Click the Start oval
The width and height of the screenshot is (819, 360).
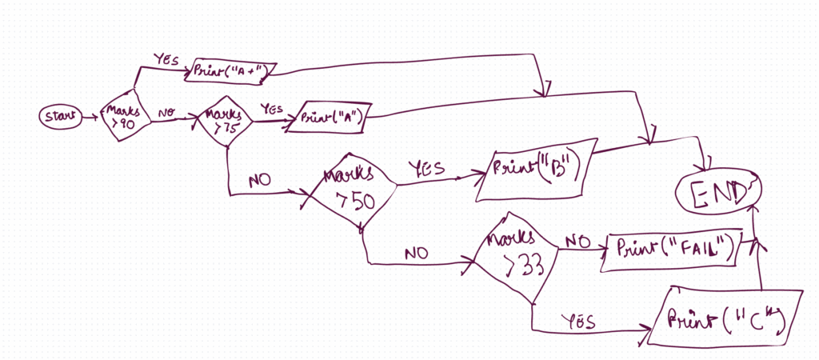(61, 118)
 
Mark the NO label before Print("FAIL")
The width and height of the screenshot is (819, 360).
(577, 240)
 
